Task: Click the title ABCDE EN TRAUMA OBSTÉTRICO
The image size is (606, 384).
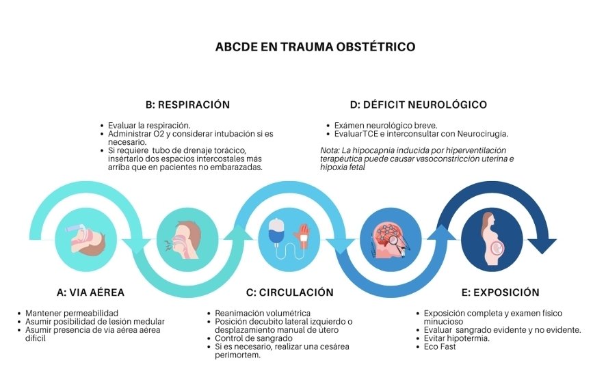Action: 315,46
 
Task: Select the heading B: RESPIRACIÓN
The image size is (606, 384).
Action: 187,105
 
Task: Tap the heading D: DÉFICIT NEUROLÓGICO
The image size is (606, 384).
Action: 418,105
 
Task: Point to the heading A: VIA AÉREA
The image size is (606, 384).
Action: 90,292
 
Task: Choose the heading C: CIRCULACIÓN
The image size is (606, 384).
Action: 290,292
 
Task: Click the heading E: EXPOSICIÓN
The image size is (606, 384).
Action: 501,292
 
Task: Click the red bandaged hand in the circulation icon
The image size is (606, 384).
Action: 302,236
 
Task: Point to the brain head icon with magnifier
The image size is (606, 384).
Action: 391,240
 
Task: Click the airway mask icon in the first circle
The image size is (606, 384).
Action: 87,238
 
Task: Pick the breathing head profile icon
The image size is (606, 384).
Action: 184,240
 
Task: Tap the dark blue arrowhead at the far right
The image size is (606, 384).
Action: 542,246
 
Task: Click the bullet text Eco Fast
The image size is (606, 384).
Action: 439,346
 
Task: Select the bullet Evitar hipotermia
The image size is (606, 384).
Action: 456,338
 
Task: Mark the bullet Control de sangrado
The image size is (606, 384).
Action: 254,338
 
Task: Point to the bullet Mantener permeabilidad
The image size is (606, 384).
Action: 72,313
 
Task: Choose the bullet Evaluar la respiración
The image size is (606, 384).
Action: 149,126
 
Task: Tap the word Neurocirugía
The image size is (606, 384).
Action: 482,134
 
